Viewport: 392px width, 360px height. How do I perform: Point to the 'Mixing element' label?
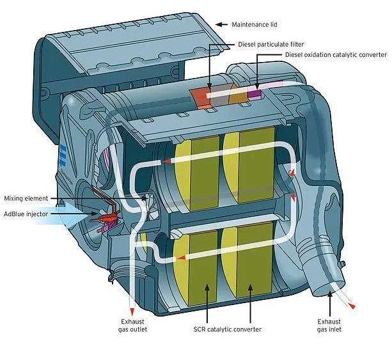pos(26,198)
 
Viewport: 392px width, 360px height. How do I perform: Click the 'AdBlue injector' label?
pos(26,214)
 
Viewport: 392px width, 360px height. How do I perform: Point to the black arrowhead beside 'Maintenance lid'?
pos(219,24)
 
